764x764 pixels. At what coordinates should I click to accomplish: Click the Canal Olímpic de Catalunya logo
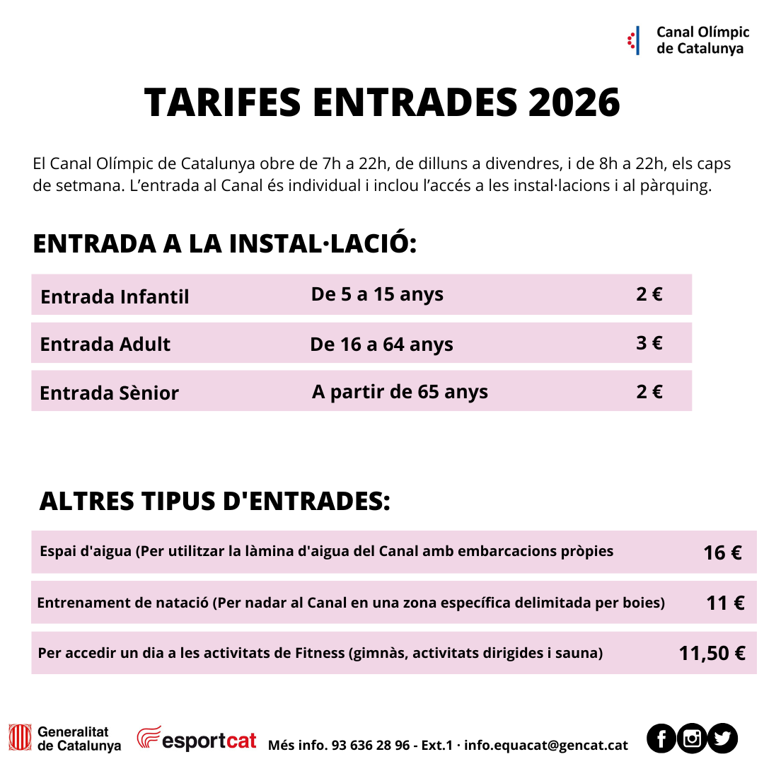click(x=688, y=40)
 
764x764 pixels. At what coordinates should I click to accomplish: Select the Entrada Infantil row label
click(x=115, y=296)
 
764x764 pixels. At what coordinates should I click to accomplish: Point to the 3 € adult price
click(x=649, y=343)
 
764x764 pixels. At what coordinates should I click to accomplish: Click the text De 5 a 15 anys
click(x=377, y=294)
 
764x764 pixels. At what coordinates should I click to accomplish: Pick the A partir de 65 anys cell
click(x=400, y=391)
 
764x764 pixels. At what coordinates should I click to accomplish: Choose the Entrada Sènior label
click(x=109, y=393)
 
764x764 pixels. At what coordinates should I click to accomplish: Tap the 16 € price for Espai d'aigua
click(x=722, y=552)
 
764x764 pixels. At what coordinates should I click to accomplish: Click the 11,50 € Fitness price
click(x=712, y=653)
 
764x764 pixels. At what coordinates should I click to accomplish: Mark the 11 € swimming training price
click(x=725, y=603)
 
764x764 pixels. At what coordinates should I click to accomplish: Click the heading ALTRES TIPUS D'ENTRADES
click(x=214, y=501)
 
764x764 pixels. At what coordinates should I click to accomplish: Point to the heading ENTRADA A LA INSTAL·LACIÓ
click(x=225, y=243)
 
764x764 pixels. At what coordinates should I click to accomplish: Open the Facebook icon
click(x=661, y=739)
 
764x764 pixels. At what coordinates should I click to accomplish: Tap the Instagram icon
click(x=692, y=739)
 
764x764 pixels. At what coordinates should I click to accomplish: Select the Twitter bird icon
click(x=722, y=739)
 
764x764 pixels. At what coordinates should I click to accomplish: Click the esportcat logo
click(x=197, y=739)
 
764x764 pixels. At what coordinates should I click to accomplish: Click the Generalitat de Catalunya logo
click(x=64, y=739)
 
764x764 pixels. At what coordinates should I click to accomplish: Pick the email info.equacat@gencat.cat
click(x=546, y=745)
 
